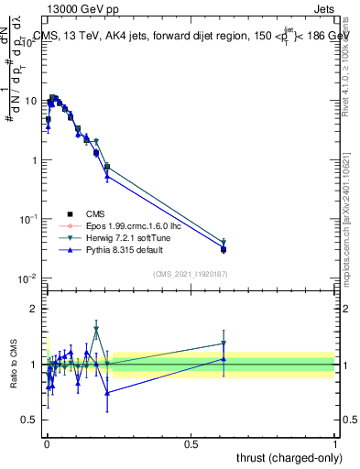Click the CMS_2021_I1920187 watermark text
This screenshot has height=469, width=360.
[x=191, y=274]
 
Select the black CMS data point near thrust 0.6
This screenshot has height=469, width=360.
[x=224, y=249]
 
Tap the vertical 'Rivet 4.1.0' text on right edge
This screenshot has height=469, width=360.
[x=347, y=69]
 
